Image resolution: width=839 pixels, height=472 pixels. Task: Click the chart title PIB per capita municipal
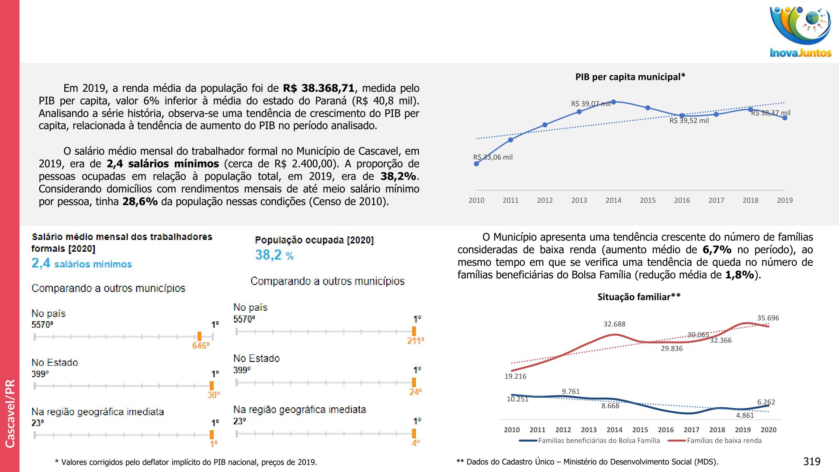pos(630,77)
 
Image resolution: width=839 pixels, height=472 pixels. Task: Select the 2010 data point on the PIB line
pos(476,164)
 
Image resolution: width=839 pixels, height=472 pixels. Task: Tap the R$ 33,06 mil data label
pos(493,157)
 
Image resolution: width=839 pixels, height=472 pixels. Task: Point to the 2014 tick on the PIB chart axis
pos(613,200)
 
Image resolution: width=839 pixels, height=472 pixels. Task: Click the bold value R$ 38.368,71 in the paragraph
pos(319,88)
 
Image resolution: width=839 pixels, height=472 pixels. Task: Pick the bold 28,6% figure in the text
pos(140,201)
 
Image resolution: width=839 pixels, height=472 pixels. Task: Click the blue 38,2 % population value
pos(274,255)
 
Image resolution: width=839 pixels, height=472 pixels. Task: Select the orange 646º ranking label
pos(201,346)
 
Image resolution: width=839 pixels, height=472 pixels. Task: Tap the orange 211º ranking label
pos(415,340)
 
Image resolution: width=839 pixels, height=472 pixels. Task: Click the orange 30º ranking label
pos(213,395)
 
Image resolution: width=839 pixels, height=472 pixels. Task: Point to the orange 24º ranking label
pos(415,392)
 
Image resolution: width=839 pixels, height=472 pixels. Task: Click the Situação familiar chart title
pos(639,297)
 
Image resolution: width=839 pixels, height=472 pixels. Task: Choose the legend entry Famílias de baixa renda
pos(724,441)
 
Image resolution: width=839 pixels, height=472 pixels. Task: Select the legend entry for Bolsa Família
pos(599,441)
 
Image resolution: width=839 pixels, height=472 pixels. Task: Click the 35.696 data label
pos(768,318)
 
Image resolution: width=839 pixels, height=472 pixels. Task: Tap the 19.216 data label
pos(515,376)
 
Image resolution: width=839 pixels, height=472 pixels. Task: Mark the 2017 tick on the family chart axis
pos(691,430)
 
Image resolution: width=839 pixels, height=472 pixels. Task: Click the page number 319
pos(811,462)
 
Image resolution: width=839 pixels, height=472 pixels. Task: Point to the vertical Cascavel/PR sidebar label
pos(10,413)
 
